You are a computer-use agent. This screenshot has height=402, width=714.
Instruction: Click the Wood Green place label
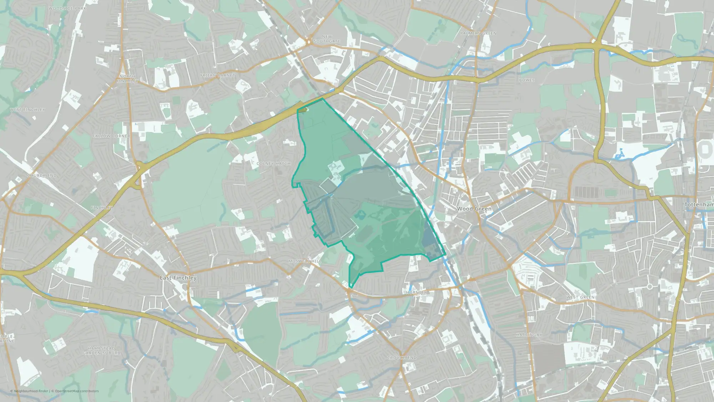474,209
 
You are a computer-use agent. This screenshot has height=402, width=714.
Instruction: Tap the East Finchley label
178,278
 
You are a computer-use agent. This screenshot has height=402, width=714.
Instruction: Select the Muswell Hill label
305,261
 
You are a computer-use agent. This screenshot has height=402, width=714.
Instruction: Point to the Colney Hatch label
273,164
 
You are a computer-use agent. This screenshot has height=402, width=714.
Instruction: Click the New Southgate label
327,39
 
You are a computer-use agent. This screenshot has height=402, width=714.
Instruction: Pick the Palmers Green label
478,33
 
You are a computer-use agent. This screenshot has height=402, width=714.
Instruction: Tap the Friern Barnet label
217,75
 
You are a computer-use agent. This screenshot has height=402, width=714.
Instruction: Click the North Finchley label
127,79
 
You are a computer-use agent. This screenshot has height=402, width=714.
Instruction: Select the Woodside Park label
67,8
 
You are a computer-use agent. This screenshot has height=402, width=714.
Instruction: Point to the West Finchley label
27,110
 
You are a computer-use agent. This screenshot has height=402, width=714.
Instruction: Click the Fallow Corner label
111,136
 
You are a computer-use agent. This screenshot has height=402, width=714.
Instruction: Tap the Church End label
42,175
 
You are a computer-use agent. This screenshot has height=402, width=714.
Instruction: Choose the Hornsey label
416,292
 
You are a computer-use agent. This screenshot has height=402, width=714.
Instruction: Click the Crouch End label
402,358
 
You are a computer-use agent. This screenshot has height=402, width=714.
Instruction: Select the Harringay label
529,335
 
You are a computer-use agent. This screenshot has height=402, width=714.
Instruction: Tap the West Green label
580,297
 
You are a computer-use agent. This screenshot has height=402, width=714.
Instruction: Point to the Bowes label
527,80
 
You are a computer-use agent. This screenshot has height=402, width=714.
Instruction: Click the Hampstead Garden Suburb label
101,351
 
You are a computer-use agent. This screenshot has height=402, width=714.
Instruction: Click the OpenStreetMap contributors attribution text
77,391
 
